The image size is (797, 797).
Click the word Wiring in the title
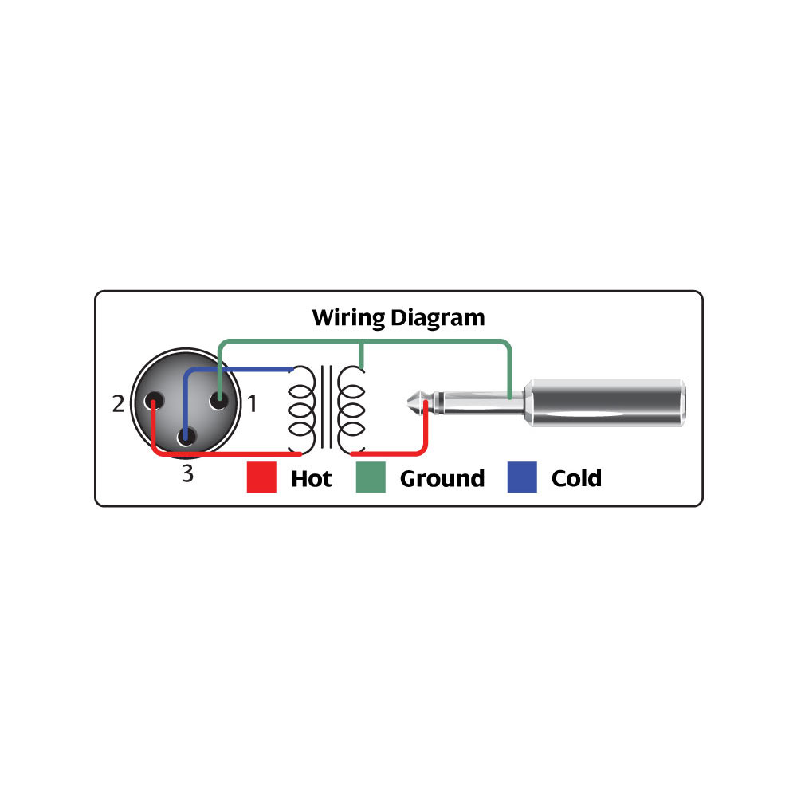[x=347, y=318]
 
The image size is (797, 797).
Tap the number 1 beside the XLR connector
[x=252, y=405]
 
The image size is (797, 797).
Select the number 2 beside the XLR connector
[x=118, y=405]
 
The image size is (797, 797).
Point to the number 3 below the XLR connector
[x=187, y=474]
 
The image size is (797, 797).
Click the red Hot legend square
[x=261, y=477]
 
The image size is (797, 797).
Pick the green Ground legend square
[x=370, y=477]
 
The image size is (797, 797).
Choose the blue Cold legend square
[x=522, y=477]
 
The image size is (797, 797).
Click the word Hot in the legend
[x=312, y=478]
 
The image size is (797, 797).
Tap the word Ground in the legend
[x=442, y=478]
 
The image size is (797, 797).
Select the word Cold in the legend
[x=576, y=478]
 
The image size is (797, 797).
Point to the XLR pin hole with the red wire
[x=151, y=403]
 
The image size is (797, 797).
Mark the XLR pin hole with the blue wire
[x=186, y=435]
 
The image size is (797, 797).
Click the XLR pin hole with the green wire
[x=218, y=402]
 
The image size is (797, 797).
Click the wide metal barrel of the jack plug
[x=606, y=403]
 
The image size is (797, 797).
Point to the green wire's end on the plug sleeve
[x=509, y=397]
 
